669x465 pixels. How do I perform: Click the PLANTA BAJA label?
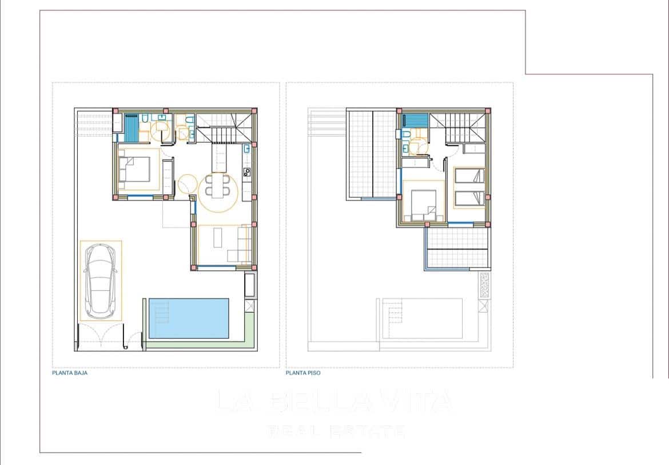coord(69,372)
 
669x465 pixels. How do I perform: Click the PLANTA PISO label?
coord(303,372)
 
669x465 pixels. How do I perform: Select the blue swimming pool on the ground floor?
coord(189,318)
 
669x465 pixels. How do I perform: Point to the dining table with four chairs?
coord(218,185)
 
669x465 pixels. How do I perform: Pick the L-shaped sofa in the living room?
coord(242,246)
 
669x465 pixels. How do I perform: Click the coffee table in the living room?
coord(218,238)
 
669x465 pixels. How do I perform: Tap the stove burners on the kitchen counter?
coord(246,171)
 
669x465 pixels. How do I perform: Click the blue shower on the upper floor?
coord(412,121)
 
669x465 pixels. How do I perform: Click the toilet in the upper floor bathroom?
coord(405,135)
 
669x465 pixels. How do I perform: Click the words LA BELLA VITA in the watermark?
coord(334,402)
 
